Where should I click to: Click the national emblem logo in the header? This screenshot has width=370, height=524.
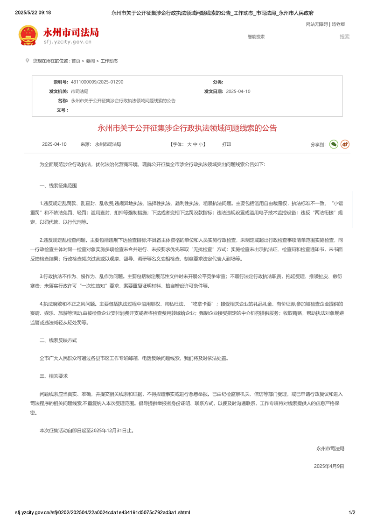(28, 35)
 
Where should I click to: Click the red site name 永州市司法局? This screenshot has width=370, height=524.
(71, 32)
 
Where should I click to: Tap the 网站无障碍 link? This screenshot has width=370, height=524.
(317, 24)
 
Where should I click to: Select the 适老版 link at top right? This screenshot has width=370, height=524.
(338, 24)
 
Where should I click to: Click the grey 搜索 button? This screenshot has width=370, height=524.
(344, 36)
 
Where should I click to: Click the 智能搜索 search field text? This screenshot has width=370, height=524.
(256, 36)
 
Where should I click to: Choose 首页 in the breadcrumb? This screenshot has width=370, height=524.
(76, 61)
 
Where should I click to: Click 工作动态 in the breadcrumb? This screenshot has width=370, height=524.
(109, 61)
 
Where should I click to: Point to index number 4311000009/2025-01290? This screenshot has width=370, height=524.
(97, 82)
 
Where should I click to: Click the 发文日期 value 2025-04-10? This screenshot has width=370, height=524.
(238, 92)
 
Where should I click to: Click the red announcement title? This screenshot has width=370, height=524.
(187, 127)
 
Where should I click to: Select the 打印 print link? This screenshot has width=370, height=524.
(226, 144)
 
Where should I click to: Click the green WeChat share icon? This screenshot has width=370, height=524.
(334, 144)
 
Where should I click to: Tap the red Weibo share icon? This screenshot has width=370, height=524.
(345, 144)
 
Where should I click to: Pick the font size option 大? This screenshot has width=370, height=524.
(189, 144)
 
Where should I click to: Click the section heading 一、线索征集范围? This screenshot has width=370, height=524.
(58, 185)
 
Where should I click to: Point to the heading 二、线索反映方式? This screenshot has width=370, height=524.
(58, 340)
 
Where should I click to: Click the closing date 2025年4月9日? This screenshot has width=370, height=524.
(329, 466)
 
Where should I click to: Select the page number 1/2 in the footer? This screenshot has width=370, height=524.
(352, 512)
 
